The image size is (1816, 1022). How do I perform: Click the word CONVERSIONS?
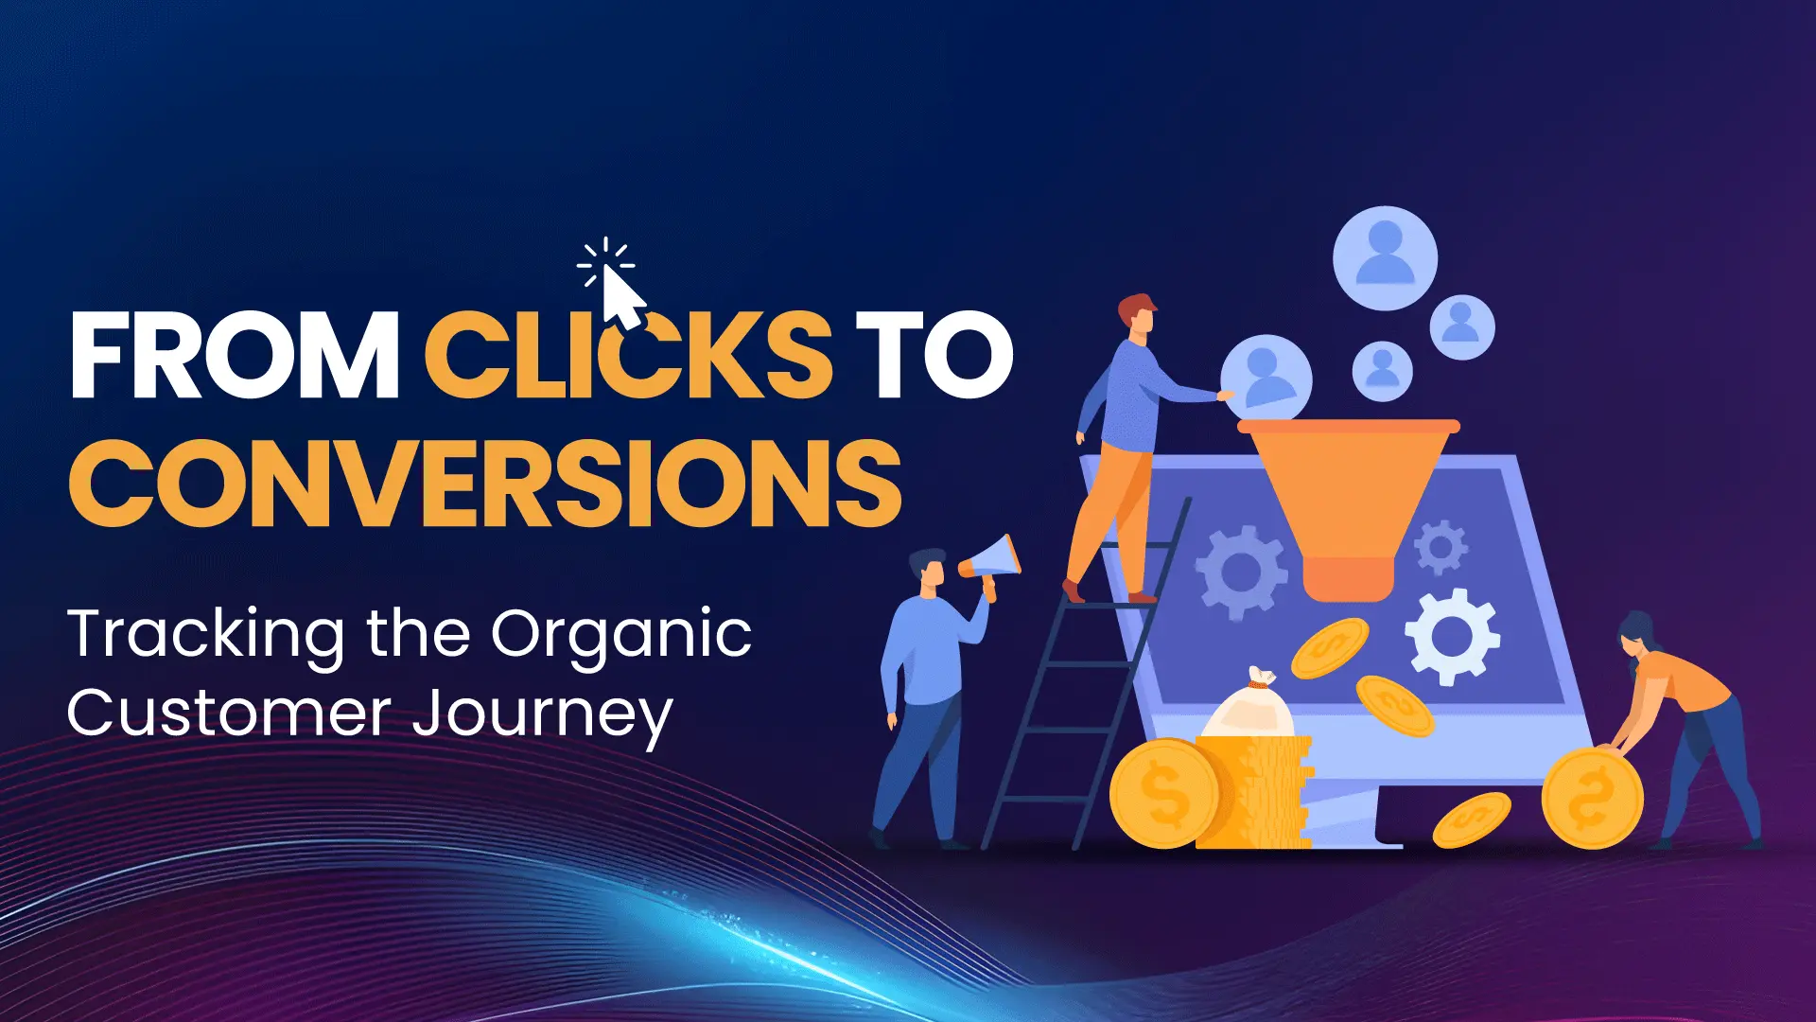[x=485, y=484]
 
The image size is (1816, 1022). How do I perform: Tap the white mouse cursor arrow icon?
[x=621, y=295]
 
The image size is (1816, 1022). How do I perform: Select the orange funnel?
[x=1347, y=502]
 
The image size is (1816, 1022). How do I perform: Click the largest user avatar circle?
[x=1385, y=257]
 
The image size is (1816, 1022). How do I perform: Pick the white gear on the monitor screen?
[x=1452, y=636]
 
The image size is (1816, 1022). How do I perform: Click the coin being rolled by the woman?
[x=1592, y=798]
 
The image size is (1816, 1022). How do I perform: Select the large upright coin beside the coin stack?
[x=1164, y=793]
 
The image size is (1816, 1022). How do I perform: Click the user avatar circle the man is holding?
[x=1266, y=379]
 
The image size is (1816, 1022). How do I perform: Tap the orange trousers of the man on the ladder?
[x=1111, y=516]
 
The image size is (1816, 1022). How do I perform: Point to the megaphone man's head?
[x=927, y=570]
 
